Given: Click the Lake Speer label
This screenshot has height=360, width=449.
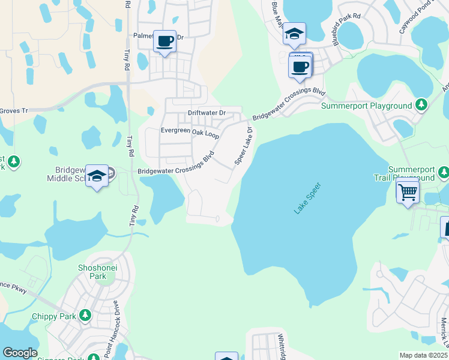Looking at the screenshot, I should click(309, 198).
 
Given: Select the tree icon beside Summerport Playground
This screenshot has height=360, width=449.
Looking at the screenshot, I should click(422, 105).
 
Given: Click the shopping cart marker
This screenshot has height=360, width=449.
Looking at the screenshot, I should click(408, 192).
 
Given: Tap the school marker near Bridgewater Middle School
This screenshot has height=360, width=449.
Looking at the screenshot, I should click(97, 176).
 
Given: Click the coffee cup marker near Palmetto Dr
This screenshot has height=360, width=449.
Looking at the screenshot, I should click(165, 42).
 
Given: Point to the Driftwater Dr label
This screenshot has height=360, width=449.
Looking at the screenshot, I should click(206, 113).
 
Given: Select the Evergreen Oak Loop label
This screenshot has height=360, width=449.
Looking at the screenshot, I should click(190, 131).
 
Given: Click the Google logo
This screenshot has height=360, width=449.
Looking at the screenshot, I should click(20, 353).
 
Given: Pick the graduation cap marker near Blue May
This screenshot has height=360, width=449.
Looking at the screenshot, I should click(294, 34).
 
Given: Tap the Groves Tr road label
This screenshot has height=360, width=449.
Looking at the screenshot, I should click(13, 110).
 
